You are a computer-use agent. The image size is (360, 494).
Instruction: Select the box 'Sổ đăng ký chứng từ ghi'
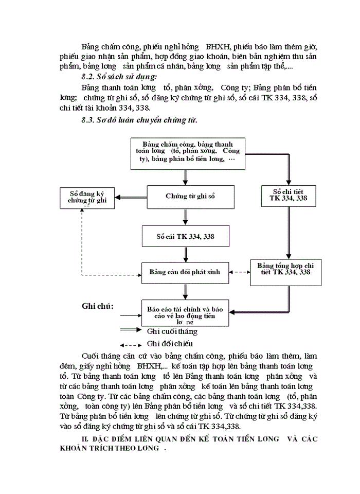coord(87,198)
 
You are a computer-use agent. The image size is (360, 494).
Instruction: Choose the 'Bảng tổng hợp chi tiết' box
coord(285,268)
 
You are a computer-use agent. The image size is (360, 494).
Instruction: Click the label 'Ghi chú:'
coord(98,307)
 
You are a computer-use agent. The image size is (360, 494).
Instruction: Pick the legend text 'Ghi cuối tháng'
coord(172,332)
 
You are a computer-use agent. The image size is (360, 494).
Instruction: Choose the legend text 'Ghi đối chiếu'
coord(170,344)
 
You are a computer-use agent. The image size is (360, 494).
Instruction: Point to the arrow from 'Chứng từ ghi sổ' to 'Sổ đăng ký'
coord(131,197)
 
